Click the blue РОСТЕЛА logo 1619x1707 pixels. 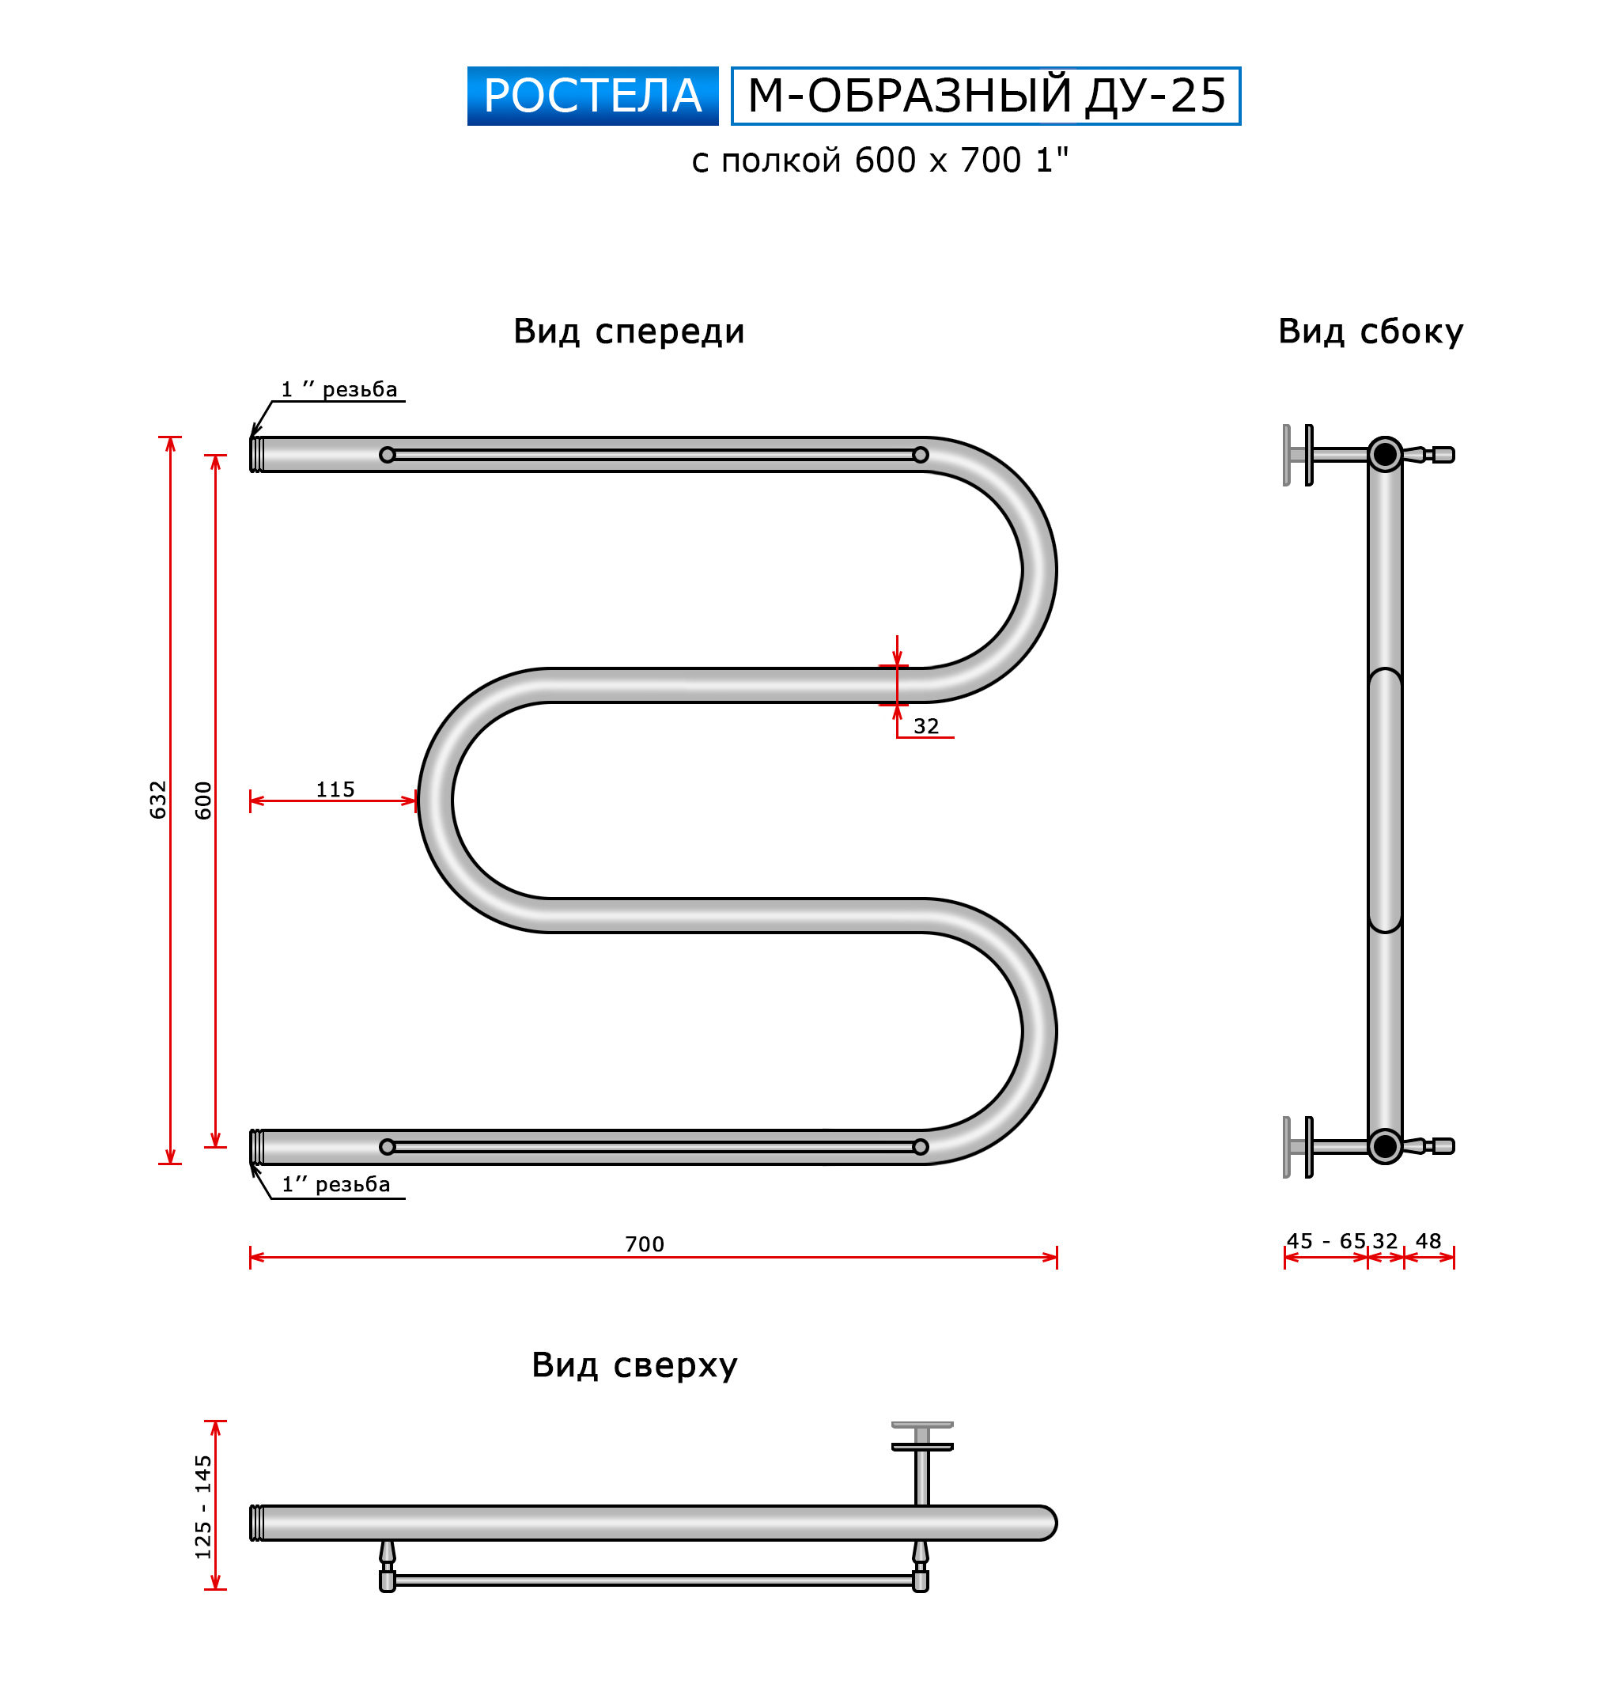click(x=592, y=96)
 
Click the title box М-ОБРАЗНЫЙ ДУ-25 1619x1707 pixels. click(x=985, y=96)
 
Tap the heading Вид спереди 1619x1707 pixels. click(x=628, y=331)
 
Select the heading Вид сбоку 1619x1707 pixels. click(x=1370, y=331)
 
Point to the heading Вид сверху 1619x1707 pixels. click(x=634, y=1365)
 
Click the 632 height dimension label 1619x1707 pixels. click(x=157, y=799)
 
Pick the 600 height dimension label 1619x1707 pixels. click(x=202, y=800)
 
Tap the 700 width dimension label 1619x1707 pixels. click(x=645, y=1243)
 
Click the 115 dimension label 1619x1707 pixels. click(x=335, y=789)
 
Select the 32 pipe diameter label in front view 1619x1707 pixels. click(x=926, y=726)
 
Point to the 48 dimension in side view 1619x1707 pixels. click(x=1428, y=1241)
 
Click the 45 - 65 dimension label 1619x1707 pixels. click(x=1326, y=1241)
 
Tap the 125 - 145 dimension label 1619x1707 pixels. click(x=202, y=1507)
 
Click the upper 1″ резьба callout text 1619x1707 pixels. click(x=339, y=389)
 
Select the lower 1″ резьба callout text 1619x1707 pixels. click(x=335, y=1184)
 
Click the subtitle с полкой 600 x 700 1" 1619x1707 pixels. click(x=879, y=161)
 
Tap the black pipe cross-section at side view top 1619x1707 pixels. click(x=1384, y=454)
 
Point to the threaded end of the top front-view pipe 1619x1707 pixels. click(x=256, y=454)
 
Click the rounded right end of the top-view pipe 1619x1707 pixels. click(x=1046, y=1523)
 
